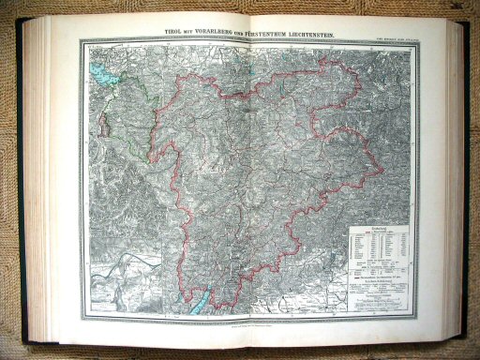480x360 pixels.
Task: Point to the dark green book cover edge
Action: click(468, 187)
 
